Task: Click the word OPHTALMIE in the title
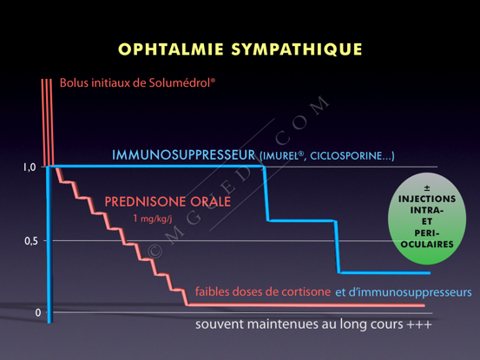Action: click(x=171, y=49)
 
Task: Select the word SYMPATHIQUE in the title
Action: click(x=297, y=49)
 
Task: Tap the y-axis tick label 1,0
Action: click(x=30, y=167)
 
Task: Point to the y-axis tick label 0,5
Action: click(x=31, y=241)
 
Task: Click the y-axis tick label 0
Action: click(x=38, y=312)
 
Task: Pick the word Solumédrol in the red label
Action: click(x=182, y=83)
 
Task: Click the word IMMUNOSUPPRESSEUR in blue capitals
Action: click(x=184, y=155)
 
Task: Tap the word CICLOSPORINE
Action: click(x=346, y=156)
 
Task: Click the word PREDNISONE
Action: click(x=146, y=202)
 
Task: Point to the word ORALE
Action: click(x=210, y=202)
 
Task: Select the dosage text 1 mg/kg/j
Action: click(x=153, y=219)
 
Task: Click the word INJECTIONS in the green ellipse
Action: click(x=427, y=199)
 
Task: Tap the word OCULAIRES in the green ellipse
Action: click(x=427, y=245)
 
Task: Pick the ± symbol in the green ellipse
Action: click(x=427, y=187)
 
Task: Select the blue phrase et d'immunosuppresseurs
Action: click(x=404, y=292)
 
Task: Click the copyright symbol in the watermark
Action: click(x=155, y=252)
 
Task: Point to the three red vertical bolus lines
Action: click(x=48, y=122)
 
